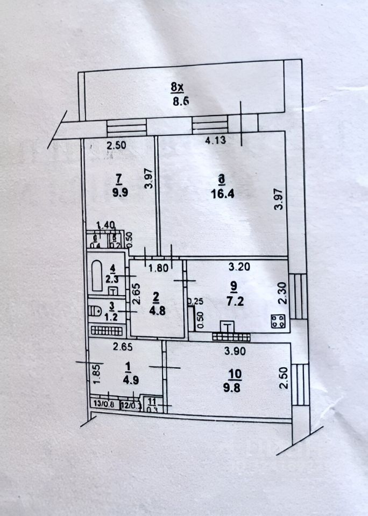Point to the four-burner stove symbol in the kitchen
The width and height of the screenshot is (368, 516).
(x=278, y=321)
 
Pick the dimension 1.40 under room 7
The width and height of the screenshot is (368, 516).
(x=105, y=227)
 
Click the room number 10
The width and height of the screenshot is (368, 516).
(x=235, y=372)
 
